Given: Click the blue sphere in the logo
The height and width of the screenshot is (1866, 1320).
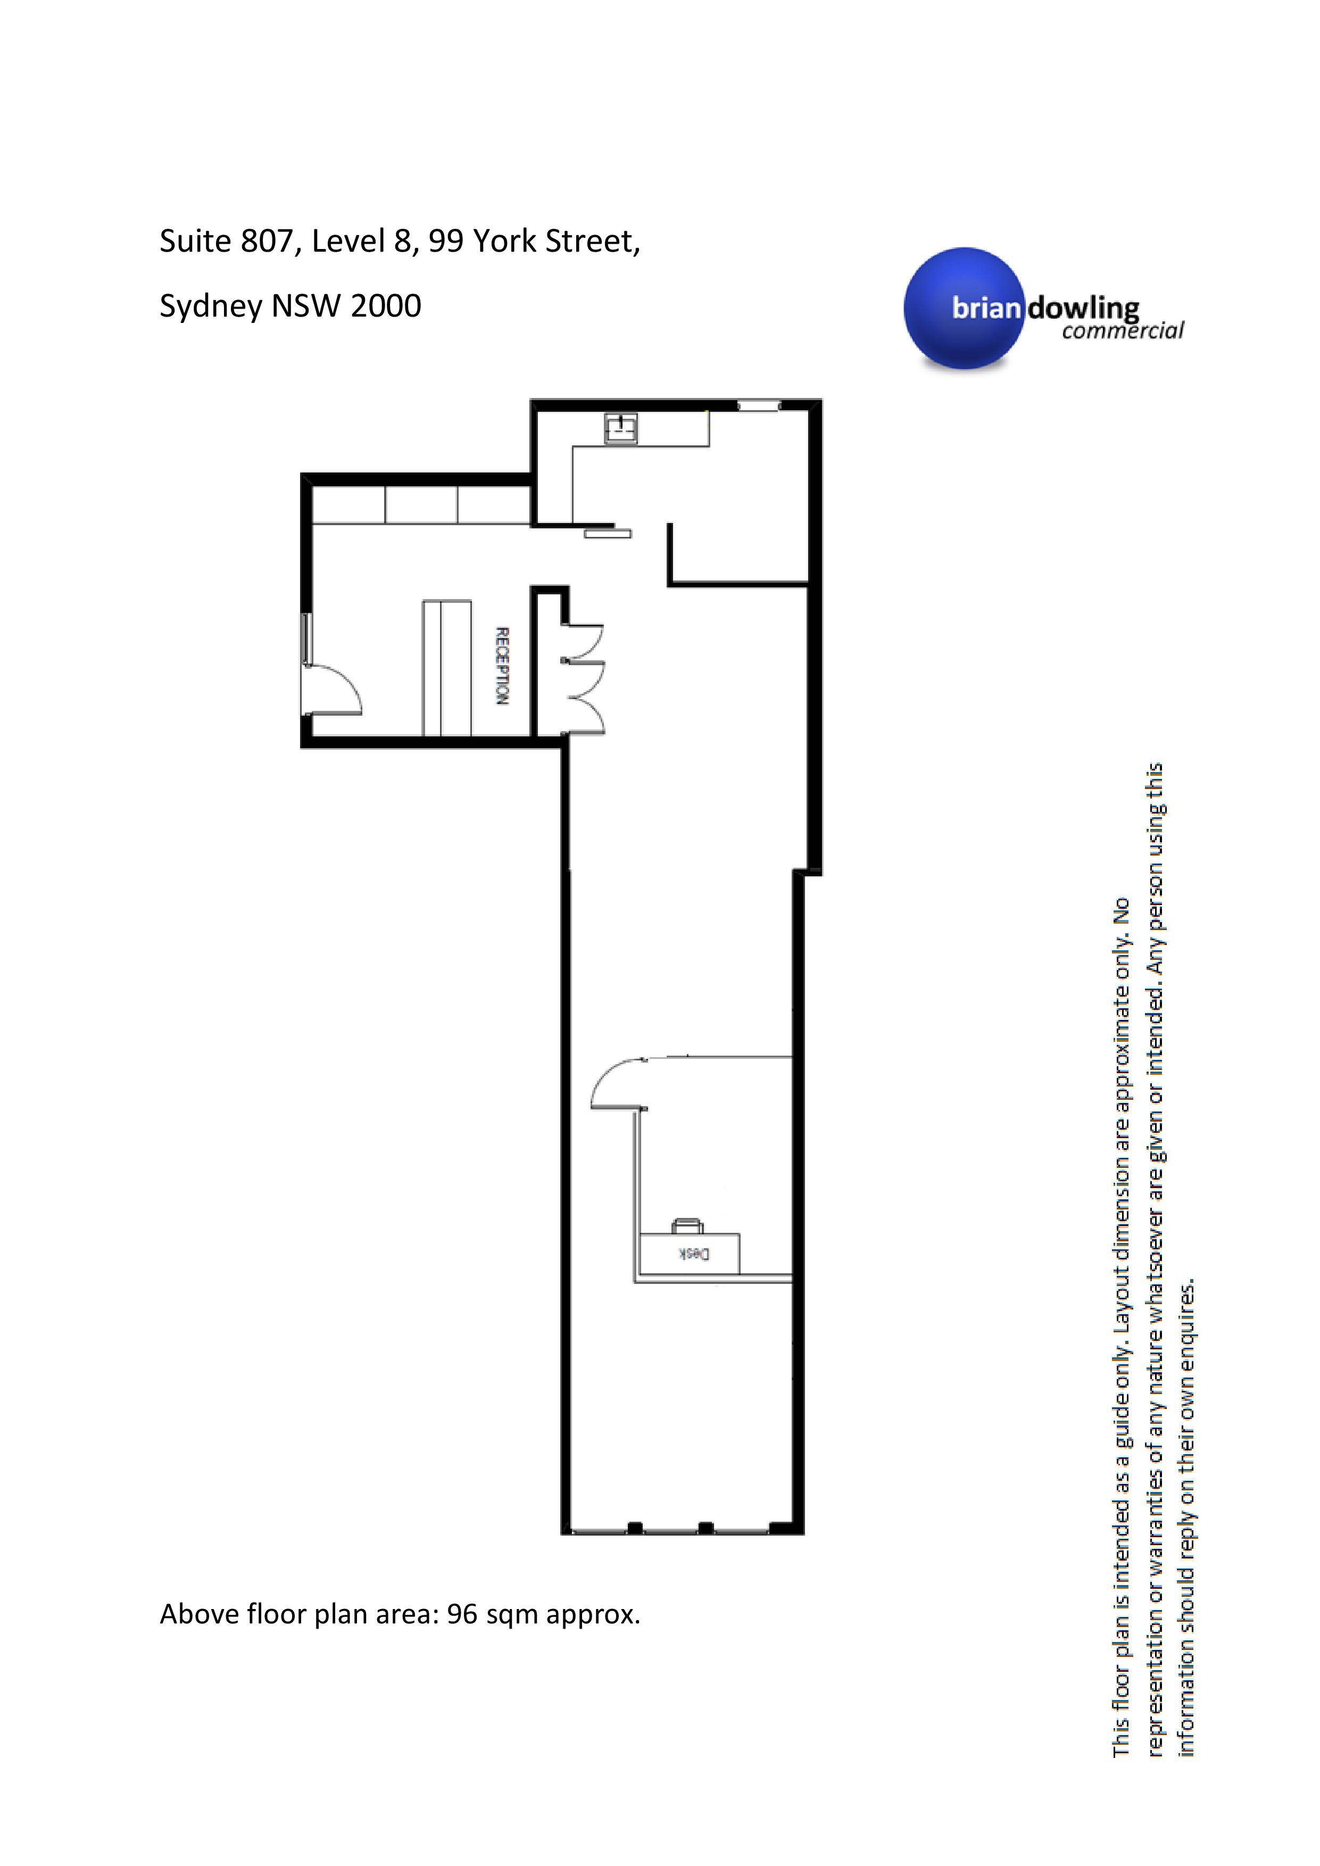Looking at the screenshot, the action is click(966, 309).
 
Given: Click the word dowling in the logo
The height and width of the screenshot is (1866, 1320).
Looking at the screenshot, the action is click(1083, 309).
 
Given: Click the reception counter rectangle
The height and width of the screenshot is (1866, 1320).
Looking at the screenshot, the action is click(446, 668).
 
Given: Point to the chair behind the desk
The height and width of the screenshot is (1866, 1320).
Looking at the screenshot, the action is click(687, 1225).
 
